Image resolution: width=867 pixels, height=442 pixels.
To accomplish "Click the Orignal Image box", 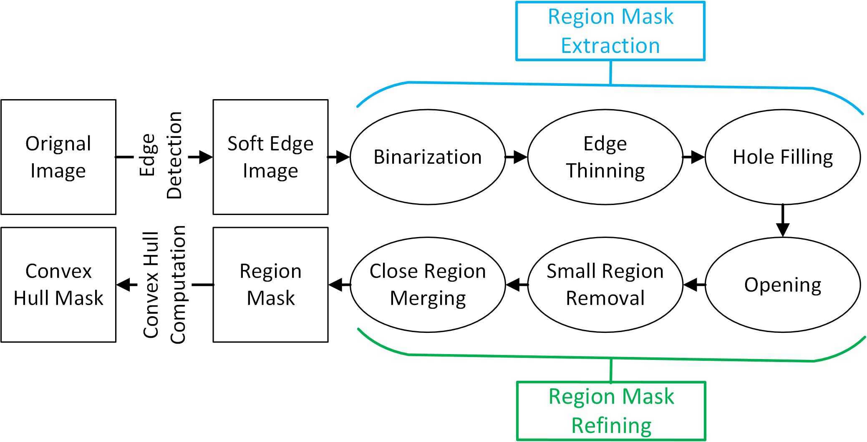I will tap(58, 157).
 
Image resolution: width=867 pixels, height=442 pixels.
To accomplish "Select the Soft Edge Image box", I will tap(270, 157).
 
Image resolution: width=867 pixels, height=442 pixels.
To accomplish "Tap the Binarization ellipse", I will tap(428, 157).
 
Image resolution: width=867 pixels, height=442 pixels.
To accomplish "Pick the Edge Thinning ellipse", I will tap(605, 157).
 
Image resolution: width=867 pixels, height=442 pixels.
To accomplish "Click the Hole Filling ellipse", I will tap(783, 157).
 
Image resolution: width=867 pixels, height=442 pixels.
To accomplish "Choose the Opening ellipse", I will tap(783, 285).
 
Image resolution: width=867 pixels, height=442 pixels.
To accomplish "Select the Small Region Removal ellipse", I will tap(605, 285).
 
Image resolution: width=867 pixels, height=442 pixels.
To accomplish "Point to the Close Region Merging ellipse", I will tap(428, 285).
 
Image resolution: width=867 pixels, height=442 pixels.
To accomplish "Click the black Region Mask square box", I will tap(270, 285).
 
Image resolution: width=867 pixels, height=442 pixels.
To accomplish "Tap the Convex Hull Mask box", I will tap(58, 285).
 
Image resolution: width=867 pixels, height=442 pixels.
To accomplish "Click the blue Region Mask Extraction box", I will tap(610, 31).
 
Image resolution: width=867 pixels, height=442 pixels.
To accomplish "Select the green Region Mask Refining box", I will tap(611, 411).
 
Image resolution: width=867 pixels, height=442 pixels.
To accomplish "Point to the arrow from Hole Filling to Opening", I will tap(783, 221).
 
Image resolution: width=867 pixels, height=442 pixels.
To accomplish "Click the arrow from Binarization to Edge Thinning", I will tap(517, 157).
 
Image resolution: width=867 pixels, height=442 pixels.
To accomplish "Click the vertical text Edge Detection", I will tap(161, 155).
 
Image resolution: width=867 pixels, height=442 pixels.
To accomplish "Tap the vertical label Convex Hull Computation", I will tap(164, 285).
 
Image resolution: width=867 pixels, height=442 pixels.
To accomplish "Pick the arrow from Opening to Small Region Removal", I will tap(694, 285).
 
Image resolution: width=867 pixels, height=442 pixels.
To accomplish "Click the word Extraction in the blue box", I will tap(610, 46).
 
